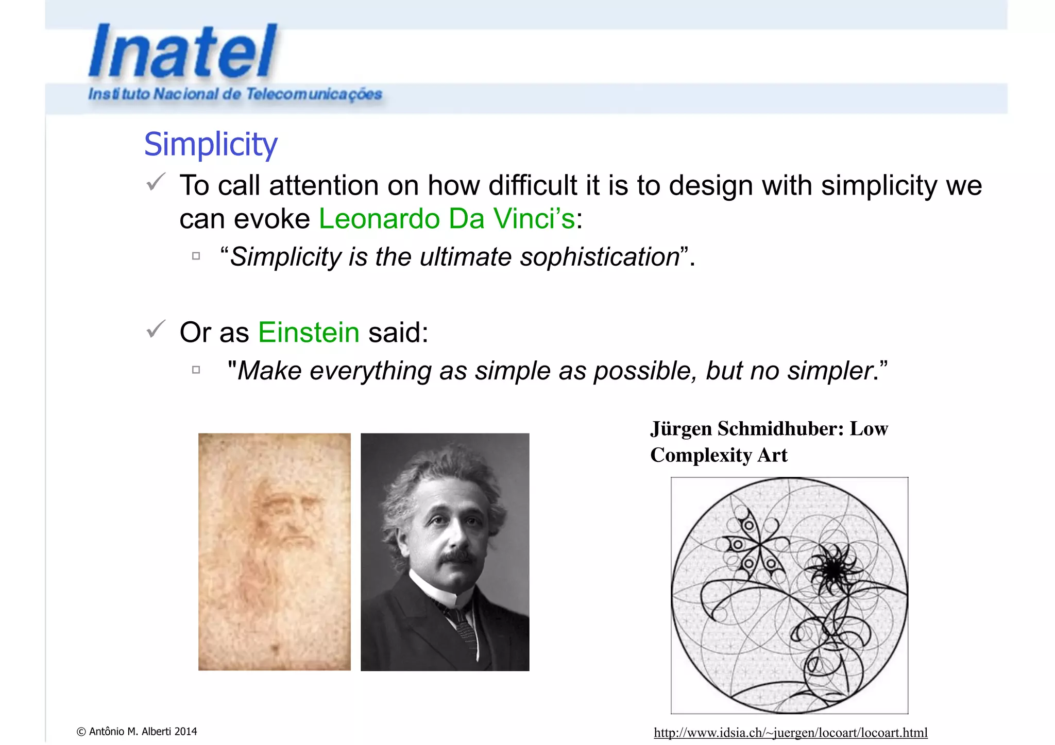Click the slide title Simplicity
point(211,144)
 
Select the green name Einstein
point(309,332)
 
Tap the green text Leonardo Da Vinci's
point(447,218)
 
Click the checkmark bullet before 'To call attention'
point(156,182)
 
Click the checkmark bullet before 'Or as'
point(156,329)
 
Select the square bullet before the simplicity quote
point(196,256)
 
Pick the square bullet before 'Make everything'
point(196,370)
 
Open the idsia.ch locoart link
point(790,732)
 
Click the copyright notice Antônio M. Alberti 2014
point(137,731)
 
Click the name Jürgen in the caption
point(681,429)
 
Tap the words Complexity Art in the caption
point(719,455)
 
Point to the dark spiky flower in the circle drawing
point(832,569)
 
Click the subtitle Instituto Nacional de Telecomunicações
point(235,94)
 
